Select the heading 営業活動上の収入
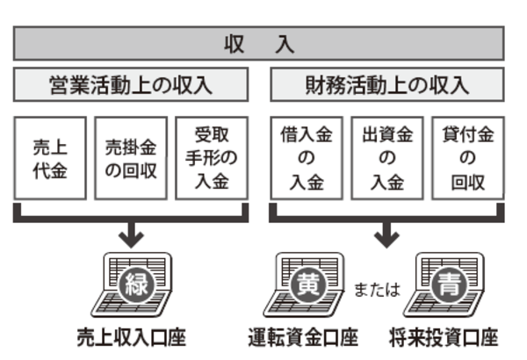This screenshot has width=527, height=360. coord(131,85)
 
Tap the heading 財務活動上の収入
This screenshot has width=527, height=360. coord(386,85)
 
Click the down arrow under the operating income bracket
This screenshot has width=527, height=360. coord(131,233)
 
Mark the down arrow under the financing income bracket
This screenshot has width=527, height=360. coord(386,233)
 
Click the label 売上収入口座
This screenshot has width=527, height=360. coord(131,337)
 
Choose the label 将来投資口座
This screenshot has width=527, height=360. coord(444,337)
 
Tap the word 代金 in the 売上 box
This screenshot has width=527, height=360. coord(51,170)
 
